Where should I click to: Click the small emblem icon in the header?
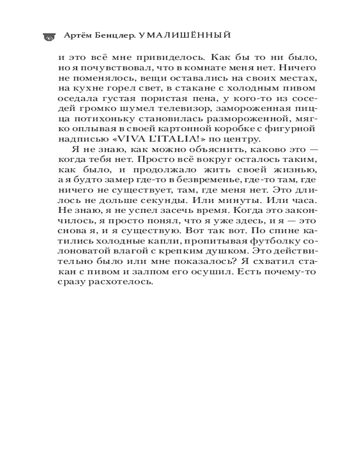point(47,37)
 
